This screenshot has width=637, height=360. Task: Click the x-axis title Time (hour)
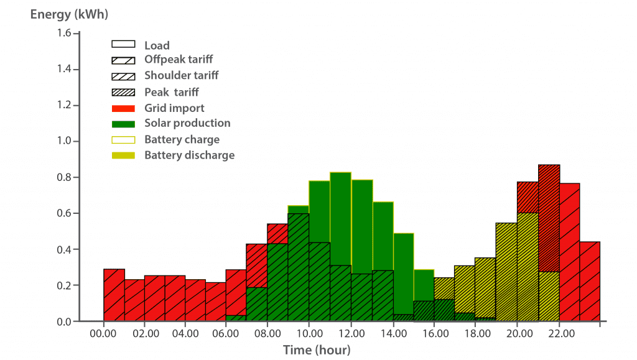(317, 350)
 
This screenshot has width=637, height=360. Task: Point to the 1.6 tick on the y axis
(64, 33)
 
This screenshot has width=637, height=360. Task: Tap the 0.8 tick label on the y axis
(64, 177)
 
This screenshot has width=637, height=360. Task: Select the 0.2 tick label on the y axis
(64, 285)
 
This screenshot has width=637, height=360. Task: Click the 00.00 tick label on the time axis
(103, 334)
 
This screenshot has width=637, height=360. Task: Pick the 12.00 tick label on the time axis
(351, 334)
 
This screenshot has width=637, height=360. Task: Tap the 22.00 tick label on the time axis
(559, 334)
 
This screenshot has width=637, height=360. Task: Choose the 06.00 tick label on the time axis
(227, 334)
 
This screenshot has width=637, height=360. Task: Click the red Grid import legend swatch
(124, 108)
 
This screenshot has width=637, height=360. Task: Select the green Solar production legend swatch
(124, 124)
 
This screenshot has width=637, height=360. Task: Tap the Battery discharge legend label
(189, 155)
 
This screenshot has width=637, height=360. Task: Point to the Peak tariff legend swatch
(124, 92)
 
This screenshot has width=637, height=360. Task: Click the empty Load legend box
(124, 45)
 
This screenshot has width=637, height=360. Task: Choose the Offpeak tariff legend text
(179, 60)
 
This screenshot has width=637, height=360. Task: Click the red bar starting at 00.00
(114, 295)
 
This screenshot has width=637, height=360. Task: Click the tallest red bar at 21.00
(549, 218)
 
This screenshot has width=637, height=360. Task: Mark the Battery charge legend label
(182, 139)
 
